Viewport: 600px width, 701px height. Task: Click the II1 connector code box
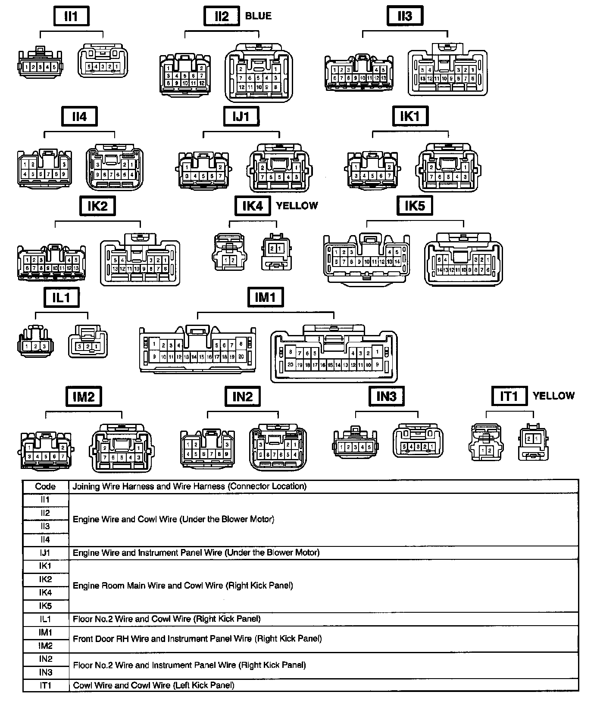point(71,16)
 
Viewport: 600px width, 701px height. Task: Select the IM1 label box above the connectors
point(265,297)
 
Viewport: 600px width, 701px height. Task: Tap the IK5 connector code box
point(414,206)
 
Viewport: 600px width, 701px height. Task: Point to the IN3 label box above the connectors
point(386,396)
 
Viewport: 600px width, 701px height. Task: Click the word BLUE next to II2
point(258,16)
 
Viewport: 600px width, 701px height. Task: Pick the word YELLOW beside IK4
point(297,206)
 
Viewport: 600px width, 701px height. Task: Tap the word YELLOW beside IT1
point(553,396)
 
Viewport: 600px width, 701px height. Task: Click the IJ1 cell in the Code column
point(45,552)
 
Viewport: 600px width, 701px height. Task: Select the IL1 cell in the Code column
point(45,619)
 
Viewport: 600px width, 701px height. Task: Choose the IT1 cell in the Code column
point(45,685)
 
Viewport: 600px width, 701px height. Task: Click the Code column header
point(45,487)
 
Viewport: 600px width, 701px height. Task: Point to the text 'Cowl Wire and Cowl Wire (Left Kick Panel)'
point(153,685)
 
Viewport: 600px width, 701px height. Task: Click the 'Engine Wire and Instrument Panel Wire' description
point(196,552)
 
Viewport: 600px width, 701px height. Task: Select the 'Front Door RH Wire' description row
point(197,639)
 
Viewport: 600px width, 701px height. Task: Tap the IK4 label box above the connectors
point(252,206)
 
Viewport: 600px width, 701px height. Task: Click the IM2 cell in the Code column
point(45,645)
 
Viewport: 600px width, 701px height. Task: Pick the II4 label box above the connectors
point(79,117)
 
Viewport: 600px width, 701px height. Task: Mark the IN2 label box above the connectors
point(242,396)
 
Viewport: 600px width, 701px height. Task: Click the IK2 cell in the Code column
point(45,579)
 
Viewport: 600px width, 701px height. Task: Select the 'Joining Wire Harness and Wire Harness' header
point(190,487)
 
